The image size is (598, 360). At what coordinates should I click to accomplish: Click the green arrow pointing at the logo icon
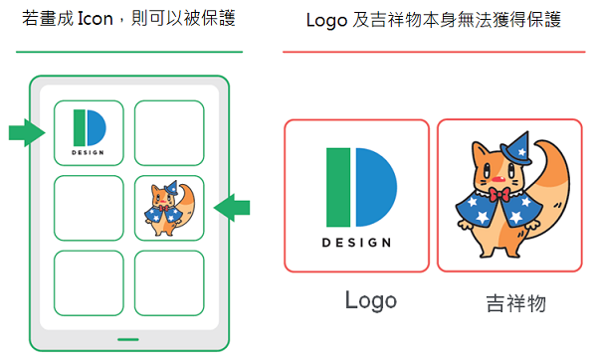pos(27,132)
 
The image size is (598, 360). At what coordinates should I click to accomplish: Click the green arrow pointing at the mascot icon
pos(232,208)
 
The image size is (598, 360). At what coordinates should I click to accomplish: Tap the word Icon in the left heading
pos(95,19)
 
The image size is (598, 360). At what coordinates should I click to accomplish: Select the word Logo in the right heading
pos(326,20)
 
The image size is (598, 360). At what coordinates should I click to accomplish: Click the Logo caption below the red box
pos(371,301)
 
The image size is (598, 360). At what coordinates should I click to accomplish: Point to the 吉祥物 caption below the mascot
pos(516,303)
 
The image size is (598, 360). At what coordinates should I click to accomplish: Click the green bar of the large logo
pos(338,187)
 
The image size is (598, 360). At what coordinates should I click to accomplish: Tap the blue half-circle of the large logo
pos(376,187)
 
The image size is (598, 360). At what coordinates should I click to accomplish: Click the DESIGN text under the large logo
pos(356,243)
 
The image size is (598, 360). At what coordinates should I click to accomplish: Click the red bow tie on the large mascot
pos(499,195)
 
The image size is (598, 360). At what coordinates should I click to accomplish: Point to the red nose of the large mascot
pos(498,179)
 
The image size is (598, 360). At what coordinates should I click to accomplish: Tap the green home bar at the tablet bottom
pos(128,339)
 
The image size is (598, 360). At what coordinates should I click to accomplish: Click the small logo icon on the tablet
pos(89,132)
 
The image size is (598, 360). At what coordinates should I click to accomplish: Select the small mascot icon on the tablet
pos(169,208)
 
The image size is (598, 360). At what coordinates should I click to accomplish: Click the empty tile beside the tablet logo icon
pos(169,132)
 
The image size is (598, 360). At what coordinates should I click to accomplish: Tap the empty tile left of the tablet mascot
pos(89,208)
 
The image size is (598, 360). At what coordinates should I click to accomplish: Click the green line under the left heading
pos(129,52)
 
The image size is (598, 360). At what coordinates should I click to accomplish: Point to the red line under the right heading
pos(434,52)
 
